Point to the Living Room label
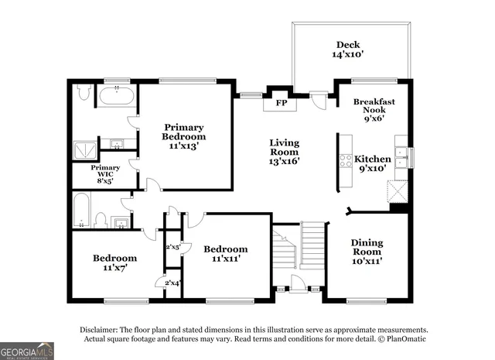coord(284,151)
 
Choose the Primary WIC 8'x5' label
coord(105,172)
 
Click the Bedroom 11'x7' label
coord(114,263)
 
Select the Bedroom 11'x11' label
coord(226,254)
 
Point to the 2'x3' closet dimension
coord(172,247)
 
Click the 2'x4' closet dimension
coord(172,283)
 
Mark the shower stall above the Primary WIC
coord(84,149)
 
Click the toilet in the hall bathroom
coord(100,221)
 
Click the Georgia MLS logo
coord(27,351)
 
